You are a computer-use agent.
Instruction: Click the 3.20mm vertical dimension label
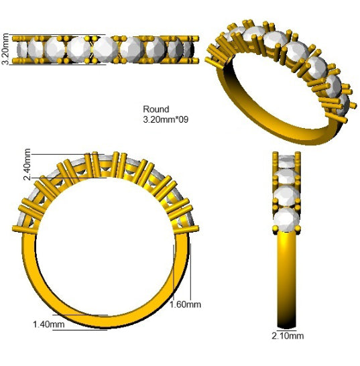(5, 49)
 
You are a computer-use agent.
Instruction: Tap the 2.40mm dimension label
(27, 164)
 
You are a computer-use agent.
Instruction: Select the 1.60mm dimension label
(185, 304)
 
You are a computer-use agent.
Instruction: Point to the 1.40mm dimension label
(49, 324)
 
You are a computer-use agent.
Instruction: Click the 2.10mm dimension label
(288, 336)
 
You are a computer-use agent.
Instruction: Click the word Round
(156, 109)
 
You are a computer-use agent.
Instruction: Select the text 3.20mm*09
(166, 119)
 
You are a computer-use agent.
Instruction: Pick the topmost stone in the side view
(286, 161)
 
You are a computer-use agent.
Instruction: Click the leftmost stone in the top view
(22, 50)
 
